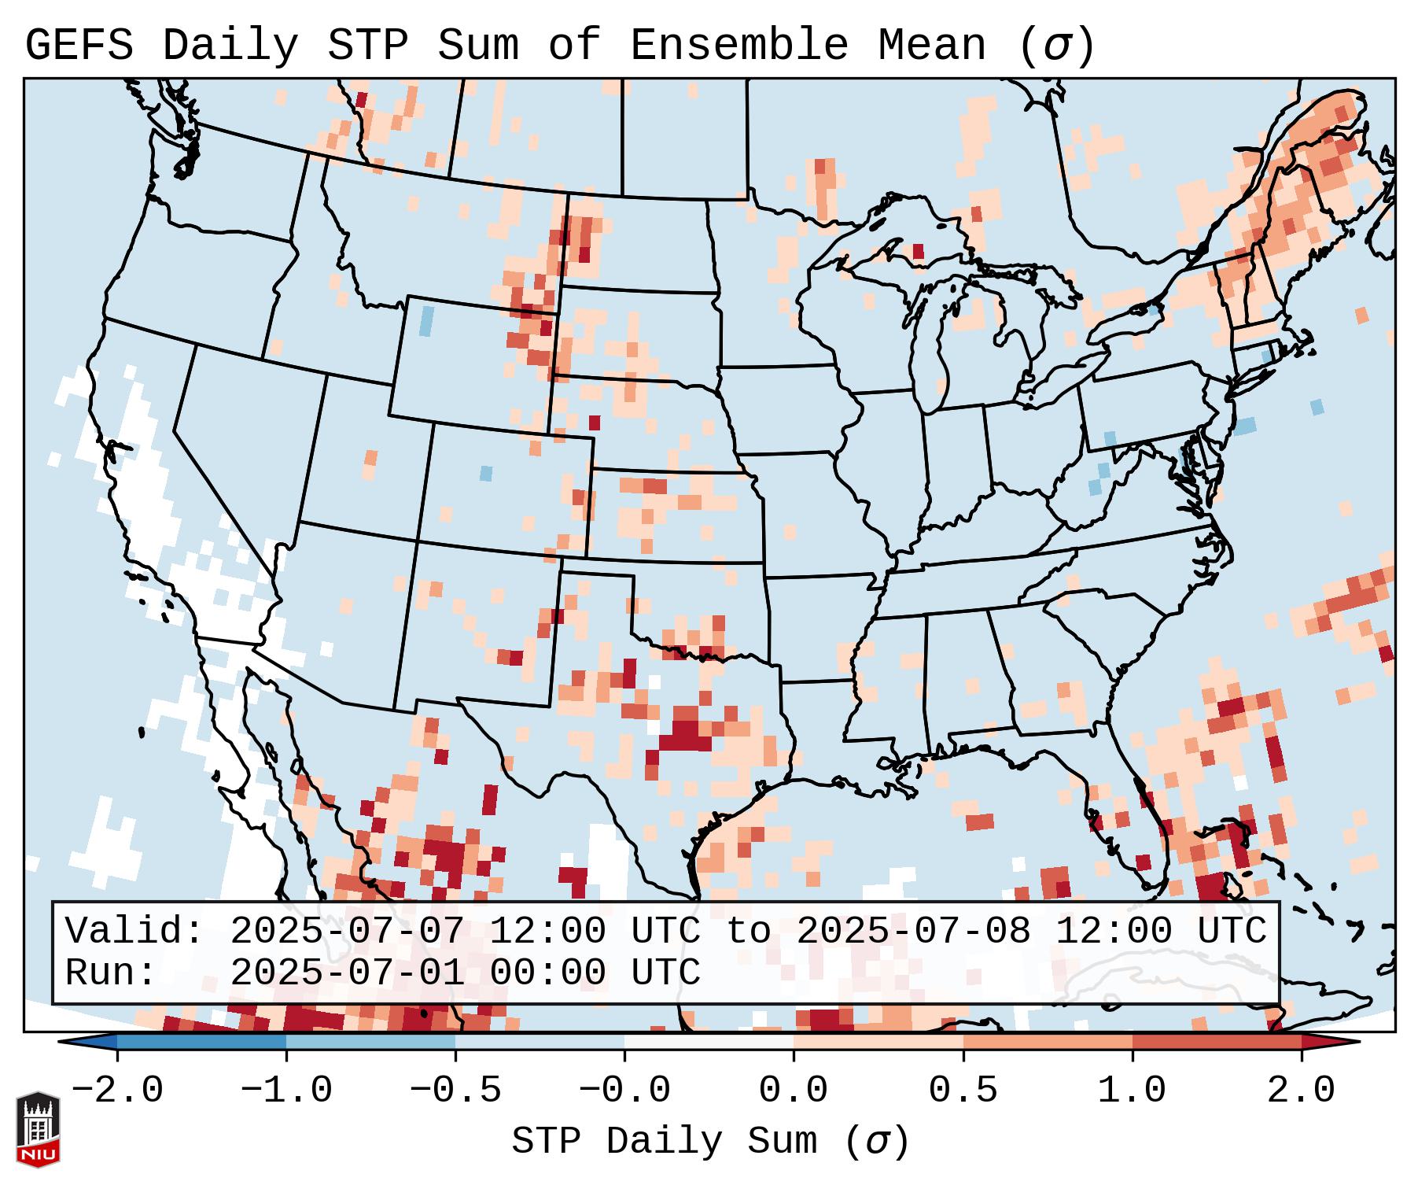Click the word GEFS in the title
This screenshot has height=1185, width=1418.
coord(79,46)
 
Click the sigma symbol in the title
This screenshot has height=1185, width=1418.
coord(1056,46)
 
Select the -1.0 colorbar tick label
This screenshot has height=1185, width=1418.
coord(285,1091)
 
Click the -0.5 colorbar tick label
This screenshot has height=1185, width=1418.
coord(455,1091)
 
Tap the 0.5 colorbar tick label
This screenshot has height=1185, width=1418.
coord(963,1091)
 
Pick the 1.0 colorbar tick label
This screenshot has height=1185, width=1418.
coord(1132,1091)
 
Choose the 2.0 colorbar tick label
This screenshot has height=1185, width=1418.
coord(1301,1091)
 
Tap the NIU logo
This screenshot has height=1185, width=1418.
coord(38,1130)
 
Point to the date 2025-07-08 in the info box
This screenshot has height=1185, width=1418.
coord(913,932)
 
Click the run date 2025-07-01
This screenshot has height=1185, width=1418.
coord(347,973)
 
